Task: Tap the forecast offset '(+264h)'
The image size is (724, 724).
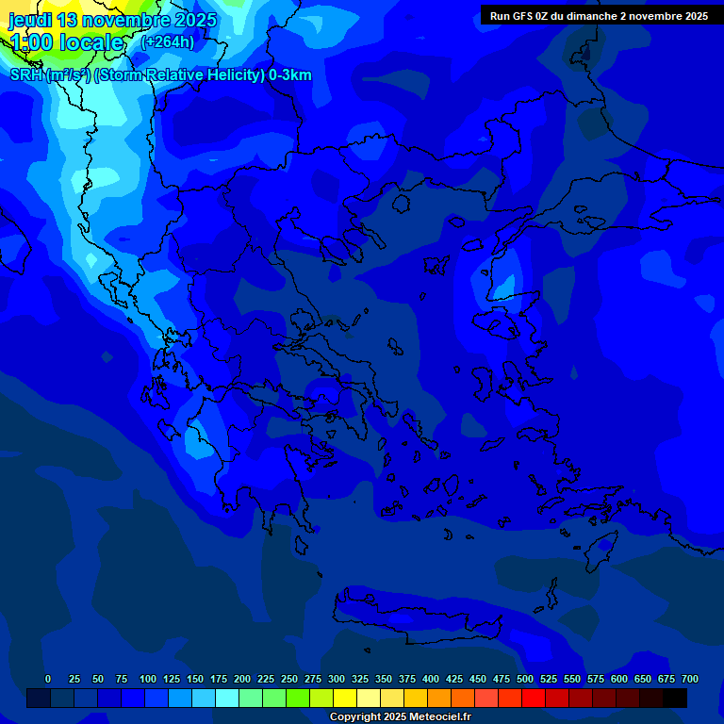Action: pos(168,41)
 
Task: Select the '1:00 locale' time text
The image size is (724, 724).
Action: pos(66,42)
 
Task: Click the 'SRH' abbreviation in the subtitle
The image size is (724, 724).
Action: pos(25,75)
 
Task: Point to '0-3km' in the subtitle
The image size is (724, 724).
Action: pos(289,75)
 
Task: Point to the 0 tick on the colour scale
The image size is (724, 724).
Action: pos(48,679)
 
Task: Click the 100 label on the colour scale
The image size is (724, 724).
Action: pos(148,679)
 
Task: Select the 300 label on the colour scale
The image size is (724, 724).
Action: pos(337,679)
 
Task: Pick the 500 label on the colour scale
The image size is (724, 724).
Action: pos(525,679)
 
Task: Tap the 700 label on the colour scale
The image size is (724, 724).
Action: pos(690,679)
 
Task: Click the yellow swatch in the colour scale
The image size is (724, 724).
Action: pos(345,698)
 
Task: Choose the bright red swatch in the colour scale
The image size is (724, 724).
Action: pos(534,698)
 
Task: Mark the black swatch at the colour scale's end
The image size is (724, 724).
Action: pos(675,698)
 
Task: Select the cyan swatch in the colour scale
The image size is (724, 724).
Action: pos(227,698)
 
